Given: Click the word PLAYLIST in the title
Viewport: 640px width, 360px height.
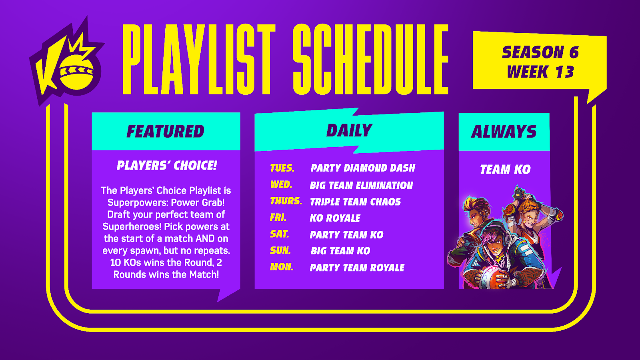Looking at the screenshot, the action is click(x=198, y=59).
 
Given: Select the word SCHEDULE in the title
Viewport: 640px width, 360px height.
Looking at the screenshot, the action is click(x=370, y=59).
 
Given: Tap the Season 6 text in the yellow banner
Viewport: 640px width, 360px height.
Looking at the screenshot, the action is click(x=540, y=52).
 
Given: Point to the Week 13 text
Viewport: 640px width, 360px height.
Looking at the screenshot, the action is click(x=540, y=72).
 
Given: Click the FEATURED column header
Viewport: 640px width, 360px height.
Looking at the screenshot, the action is click(x=166, y=132).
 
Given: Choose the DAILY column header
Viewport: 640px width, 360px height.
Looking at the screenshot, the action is click(x=349, y=130).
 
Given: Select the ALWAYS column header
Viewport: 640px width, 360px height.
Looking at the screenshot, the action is click(x=504, y=132).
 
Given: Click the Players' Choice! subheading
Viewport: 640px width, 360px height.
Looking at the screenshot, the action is click(x=167, y=166).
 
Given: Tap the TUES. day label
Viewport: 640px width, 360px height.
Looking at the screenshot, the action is click(x=282, y=168).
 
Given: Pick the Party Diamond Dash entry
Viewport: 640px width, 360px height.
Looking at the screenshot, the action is click(x=363, y=168).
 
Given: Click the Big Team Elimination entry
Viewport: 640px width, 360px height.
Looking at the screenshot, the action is click(x=362, y=185).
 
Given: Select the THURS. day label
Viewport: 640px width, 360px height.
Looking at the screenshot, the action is click(x=286, y=201).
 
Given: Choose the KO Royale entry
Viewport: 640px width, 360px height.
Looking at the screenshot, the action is click(x=335, y=218).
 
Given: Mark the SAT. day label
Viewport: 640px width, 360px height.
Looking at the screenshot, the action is click(x=280, y=234).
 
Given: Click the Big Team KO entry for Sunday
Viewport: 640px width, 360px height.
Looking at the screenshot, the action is click(x=340, y=251).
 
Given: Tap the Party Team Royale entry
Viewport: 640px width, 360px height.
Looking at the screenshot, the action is click(x=357, y=268).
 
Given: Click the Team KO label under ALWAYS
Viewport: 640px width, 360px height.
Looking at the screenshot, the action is click(x=505, y=170).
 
